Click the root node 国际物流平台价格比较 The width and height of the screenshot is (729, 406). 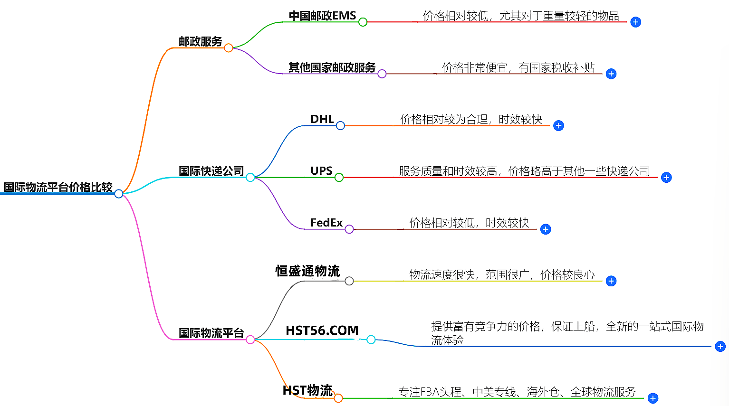58,187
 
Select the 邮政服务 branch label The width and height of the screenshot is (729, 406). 200,42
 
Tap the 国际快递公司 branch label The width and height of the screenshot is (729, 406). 211,171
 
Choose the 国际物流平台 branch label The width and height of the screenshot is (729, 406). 211,333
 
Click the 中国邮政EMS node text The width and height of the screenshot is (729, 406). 322,16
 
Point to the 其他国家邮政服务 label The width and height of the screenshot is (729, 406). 332,67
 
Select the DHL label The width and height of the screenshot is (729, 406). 322,119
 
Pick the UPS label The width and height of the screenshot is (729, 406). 321,171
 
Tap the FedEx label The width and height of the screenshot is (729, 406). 326,223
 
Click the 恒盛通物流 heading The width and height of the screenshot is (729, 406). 307,271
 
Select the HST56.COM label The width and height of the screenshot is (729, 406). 322,330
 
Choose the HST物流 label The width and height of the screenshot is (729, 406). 307,390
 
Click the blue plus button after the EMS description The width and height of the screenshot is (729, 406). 635,22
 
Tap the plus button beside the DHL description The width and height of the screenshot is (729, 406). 558,126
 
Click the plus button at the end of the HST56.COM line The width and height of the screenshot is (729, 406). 720,347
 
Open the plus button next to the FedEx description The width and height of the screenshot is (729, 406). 546,229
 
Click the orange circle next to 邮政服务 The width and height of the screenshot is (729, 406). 229,48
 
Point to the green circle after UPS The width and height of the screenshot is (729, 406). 339,178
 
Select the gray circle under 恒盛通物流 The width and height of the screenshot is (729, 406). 349,281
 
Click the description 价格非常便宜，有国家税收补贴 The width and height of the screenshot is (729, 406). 518,67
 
